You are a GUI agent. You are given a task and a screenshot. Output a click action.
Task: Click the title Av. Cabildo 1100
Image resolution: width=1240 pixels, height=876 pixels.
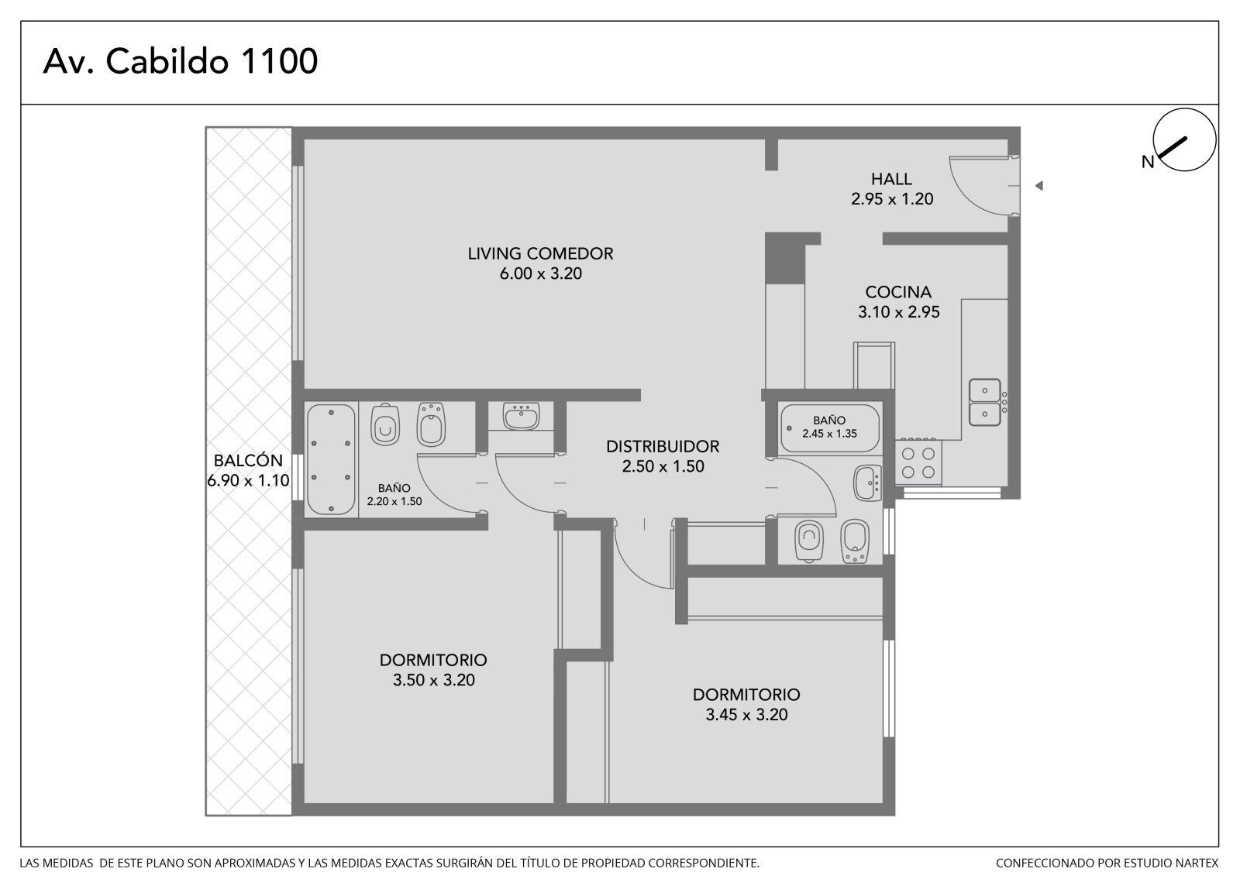point(181,61)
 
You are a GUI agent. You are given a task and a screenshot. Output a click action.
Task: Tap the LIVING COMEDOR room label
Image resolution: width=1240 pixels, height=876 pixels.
point(540,253)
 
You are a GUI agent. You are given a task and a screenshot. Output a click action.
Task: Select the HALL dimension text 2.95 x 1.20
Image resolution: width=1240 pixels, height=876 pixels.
point(892,198)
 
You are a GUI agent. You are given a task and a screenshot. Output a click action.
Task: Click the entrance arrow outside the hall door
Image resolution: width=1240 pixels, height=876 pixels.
point(1039,186)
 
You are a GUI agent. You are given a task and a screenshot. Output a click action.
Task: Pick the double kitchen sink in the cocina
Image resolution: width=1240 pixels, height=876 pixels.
point(985,402)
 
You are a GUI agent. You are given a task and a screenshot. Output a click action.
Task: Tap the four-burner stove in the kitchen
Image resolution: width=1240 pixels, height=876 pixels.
point(918,462)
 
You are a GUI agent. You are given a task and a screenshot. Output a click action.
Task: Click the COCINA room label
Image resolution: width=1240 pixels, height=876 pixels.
point(898,292)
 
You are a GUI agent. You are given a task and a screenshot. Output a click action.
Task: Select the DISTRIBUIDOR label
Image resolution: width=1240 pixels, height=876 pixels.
point(663,446)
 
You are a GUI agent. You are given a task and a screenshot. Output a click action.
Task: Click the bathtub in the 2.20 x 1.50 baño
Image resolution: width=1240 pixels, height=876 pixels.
point(331,459)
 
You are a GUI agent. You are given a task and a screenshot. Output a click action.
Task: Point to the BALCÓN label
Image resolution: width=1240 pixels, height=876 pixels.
point(248,460)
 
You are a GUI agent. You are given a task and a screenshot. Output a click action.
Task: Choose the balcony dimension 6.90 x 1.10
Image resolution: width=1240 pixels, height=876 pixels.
point(248,480)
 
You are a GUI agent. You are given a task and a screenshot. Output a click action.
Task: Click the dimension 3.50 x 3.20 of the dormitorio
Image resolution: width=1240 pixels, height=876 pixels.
point(433,679)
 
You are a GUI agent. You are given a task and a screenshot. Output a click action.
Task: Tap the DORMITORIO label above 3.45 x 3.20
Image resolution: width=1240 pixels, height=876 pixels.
point(746,695)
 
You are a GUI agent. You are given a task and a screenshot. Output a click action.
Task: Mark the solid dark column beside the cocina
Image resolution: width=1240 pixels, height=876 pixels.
point(784,259)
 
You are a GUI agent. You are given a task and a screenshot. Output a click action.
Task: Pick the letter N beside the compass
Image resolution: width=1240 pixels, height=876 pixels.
point(1148,162)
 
